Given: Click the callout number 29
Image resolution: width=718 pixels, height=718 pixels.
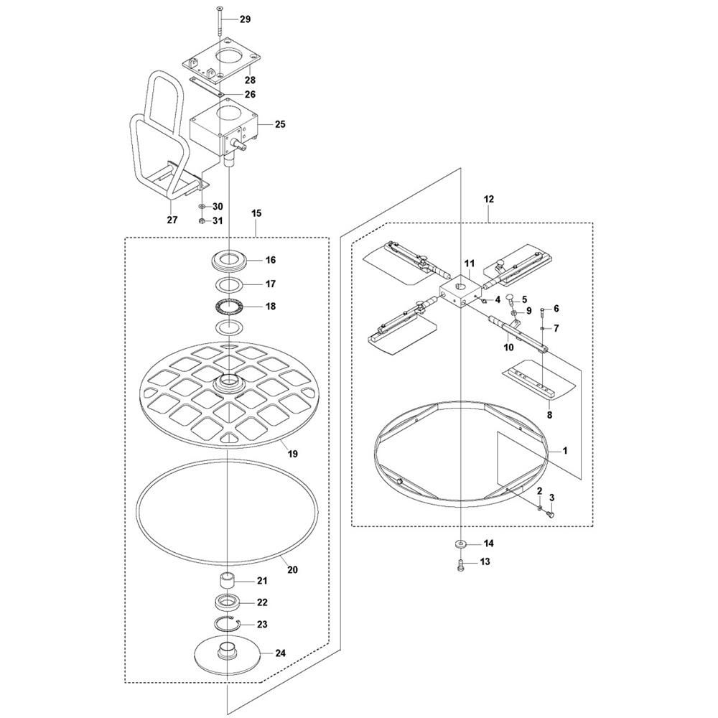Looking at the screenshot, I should click(245, 19).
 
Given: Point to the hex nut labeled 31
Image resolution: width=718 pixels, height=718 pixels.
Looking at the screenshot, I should click(202, 220).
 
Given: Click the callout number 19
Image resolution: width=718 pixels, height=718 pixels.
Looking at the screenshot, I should click(294, 454).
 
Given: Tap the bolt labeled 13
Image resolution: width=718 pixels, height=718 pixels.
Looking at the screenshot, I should click(460, 564).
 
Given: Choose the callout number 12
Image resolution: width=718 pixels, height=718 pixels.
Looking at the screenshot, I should click(490, 197).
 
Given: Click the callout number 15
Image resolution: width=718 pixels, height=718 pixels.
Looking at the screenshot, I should click(256, 213).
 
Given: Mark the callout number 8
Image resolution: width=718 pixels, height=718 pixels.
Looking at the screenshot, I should click(550, 414).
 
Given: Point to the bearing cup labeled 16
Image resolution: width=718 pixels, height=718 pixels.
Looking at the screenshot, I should click(230, 259).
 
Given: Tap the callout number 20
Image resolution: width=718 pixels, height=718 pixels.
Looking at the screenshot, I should click(293, 569).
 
